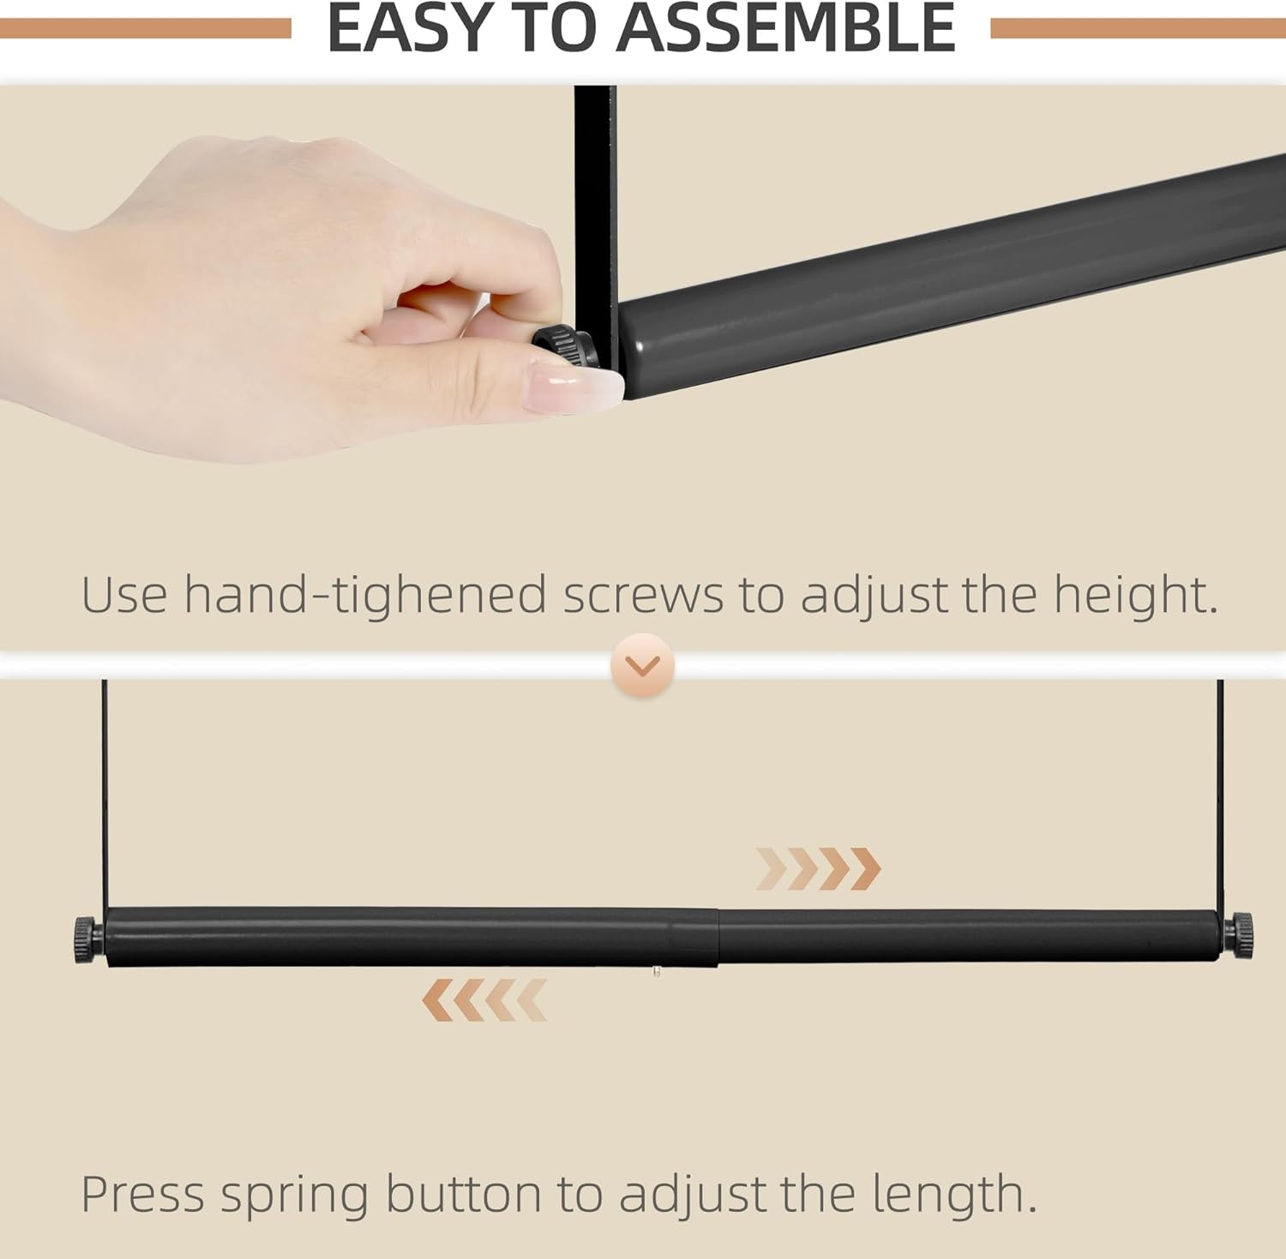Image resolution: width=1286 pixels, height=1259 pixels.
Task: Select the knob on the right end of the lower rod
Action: click(x=1241, y=935)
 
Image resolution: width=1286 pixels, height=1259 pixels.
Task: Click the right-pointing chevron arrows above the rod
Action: click(x=818, y=869)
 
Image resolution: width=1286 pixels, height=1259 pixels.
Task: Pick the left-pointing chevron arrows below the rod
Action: click(x=484, y=1000)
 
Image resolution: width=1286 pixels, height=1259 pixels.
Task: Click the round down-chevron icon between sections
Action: click(x=643, y=665)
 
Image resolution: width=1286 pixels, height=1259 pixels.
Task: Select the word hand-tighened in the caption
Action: click(x=365, y=595)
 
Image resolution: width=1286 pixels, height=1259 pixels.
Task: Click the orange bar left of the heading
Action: click(x=146, y=29)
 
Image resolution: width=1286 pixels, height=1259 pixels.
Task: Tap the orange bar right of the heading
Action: click(x=1139, y=29)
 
